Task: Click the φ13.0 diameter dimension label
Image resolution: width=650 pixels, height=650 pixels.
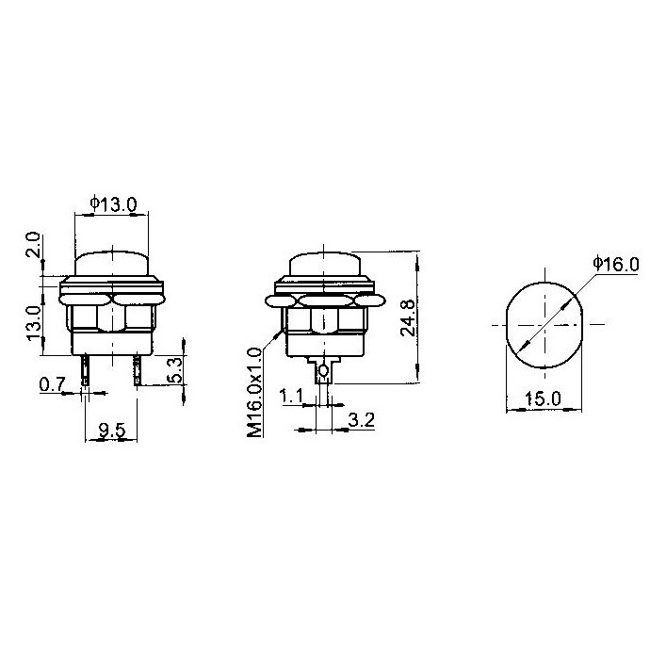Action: point(113,204)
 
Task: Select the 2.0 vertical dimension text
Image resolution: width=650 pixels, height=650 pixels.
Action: point(34,245)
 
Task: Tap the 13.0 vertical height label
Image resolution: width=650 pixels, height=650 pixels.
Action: point(34,323)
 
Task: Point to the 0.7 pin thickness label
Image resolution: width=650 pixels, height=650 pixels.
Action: point(52,384)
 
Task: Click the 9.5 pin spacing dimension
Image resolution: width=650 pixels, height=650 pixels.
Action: point(112,431)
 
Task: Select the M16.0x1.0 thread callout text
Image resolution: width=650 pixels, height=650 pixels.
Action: point(255,392)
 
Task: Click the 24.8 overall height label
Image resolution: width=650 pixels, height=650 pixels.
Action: point(408,317)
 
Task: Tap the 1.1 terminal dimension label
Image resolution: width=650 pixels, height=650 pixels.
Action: point(291,396)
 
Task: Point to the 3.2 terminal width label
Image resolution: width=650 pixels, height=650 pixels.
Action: point(362,420)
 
